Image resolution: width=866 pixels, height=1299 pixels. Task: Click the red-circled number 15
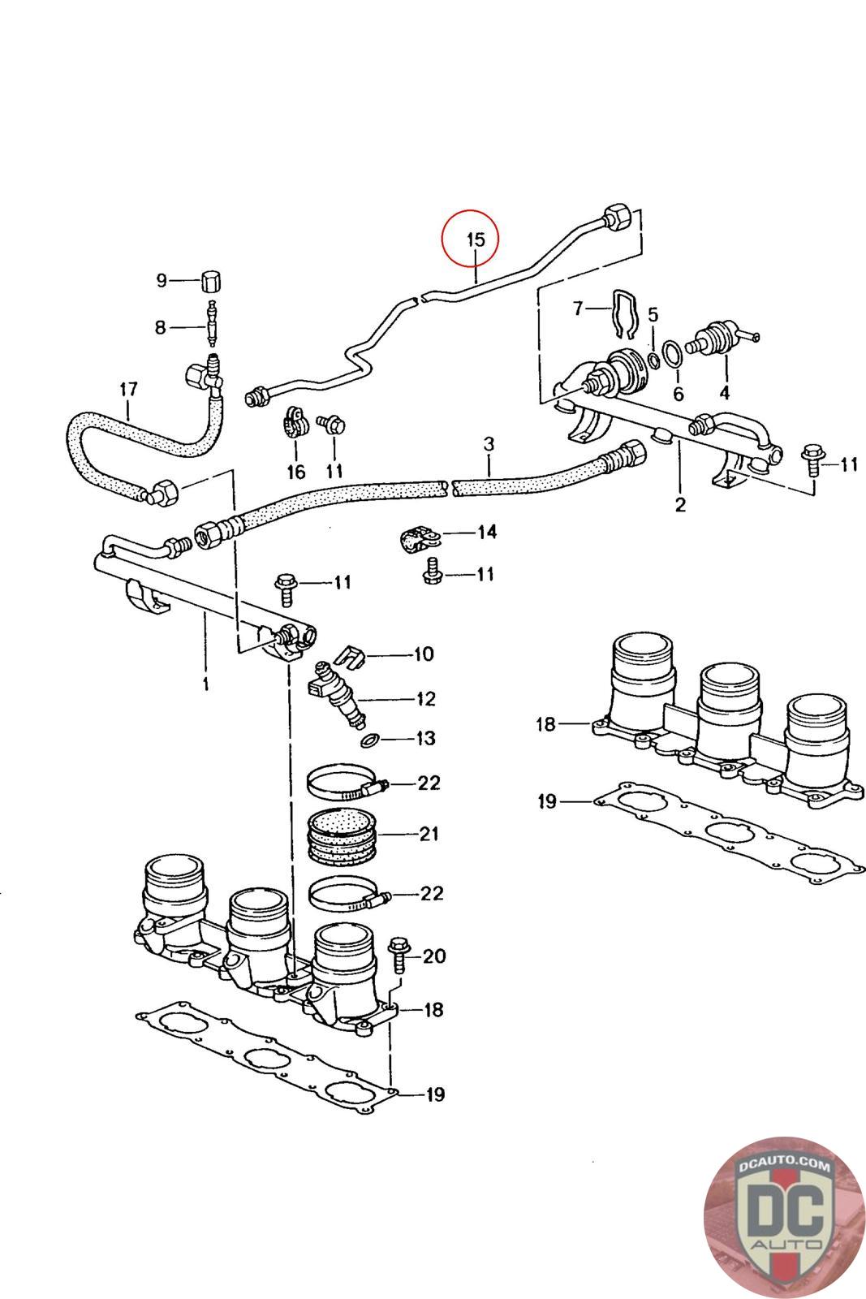(x=476, y=239)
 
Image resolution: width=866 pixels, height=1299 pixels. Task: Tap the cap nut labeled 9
(x=210, y=281)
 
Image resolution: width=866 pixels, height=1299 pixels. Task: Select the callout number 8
(x=161, y=327)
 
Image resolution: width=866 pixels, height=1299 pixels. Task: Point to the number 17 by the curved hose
(x=128, y=389)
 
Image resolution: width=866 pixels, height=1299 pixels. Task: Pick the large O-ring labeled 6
(x=673, y=354)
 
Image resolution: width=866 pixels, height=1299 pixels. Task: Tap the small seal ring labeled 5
(x=653, y=360)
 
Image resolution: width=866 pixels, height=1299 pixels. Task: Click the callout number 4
(x=724, y=393)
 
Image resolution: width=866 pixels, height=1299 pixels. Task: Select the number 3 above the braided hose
(x=489, y=444)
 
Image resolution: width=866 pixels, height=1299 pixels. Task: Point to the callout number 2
(x=680, y=504)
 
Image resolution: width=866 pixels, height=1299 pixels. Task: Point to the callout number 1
(x=206, y=684)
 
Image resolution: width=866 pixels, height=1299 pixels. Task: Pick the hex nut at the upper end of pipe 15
(x=618, y=218)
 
